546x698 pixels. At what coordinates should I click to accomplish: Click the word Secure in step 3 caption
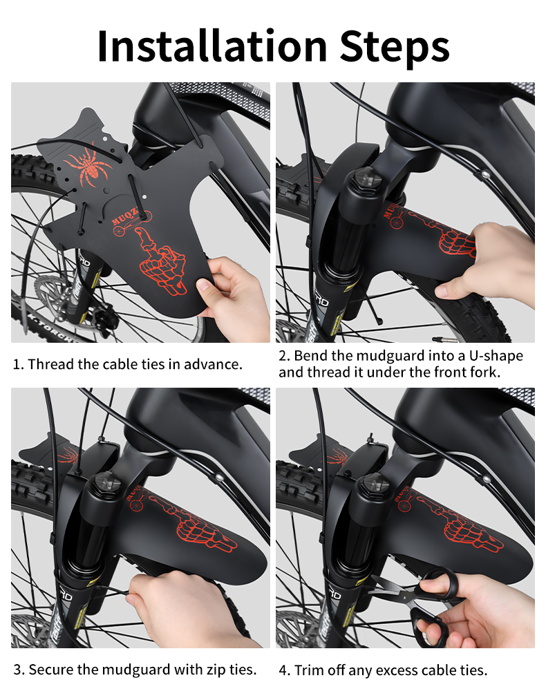coord(50,670)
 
